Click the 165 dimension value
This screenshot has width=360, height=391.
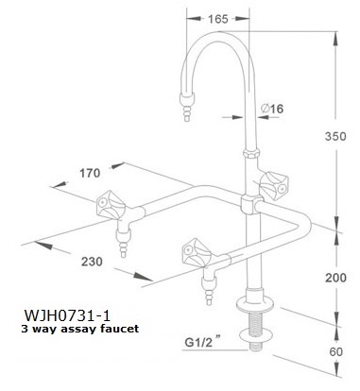tap(218, 19)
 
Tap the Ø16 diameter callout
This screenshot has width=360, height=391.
tap(272, 109)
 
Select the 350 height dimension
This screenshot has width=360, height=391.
tap(335, 136)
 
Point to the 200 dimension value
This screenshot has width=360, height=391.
tap(335, 278)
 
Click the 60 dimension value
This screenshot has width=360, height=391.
tap(335, 351)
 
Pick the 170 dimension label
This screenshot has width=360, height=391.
tap(90, 173)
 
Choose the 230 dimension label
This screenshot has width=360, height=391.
tap(92, 262)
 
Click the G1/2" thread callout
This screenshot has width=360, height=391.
tap(202, 341)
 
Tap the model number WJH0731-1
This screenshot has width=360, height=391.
tap(67, 314)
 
